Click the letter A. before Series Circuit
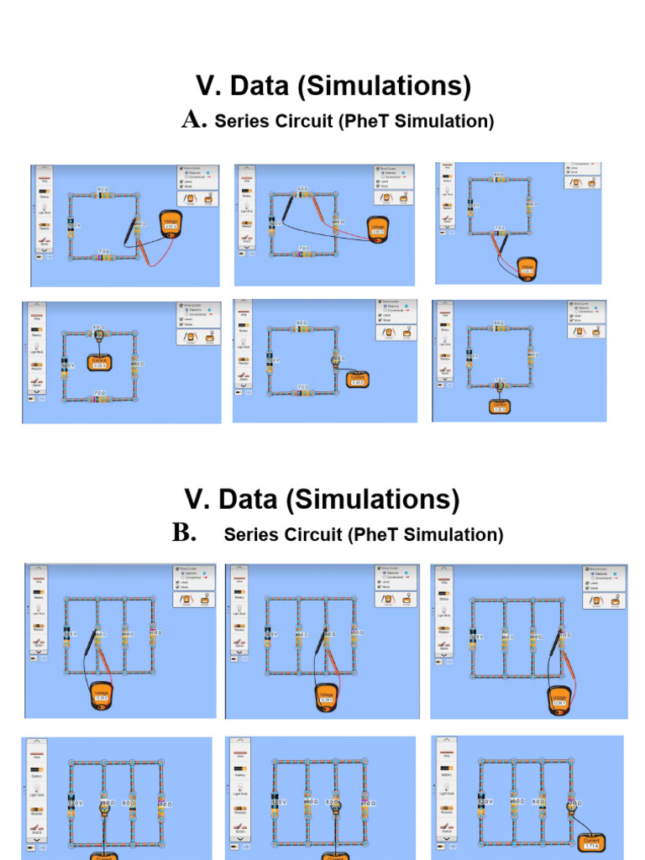tap(194, 121)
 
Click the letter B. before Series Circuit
tap(185, 534)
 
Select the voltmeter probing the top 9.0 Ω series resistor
tap(377, 226)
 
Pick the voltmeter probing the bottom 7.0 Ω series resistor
tap(527, 269)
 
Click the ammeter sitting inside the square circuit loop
tap(99, 364)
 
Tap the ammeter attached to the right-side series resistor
tap(357, 380)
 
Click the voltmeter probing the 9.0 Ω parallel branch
tap(102, 695)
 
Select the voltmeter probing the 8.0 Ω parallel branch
tap(327, 695)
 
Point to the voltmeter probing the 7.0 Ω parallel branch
tap(559, 698)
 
